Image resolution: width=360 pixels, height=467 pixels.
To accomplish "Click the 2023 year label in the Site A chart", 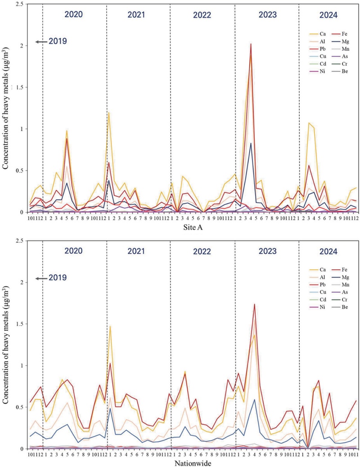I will [x=267, y=14].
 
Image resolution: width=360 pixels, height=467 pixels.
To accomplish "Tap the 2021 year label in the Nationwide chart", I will [x=136, y=251].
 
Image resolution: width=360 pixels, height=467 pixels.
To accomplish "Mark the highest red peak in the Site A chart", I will [x=251, y=44].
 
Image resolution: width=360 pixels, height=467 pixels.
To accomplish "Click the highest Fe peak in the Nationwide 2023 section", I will [x=255, y=304].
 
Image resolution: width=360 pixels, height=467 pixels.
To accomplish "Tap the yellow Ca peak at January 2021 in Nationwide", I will [x=110, y=326].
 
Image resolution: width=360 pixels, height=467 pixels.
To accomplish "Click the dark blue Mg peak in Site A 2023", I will [x=251, y=143].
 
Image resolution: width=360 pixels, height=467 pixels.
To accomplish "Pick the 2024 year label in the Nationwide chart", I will [x=330, y=251].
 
